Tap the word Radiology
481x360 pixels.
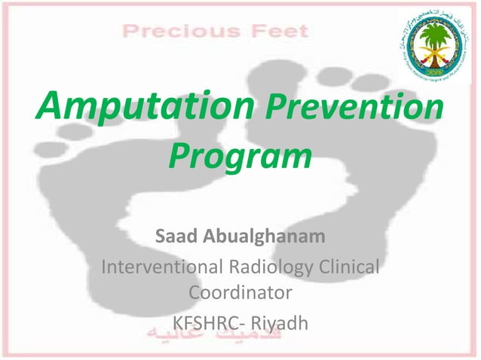pos(276,267)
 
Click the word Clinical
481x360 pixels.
pos(351,267)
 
